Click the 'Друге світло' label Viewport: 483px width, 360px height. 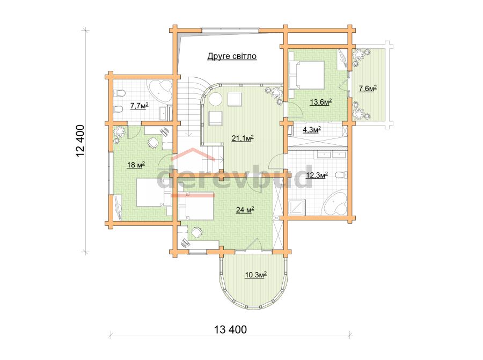point(232,56)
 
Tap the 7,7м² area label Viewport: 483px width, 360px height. point(140,106)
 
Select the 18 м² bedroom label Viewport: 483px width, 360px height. point(136,165)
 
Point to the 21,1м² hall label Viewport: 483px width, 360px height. point(243,138)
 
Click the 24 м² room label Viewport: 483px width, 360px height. point(245,210)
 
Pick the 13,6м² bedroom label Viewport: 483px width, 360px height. point(321,102)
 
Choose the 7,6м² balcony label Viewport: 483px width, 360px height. point(368,89)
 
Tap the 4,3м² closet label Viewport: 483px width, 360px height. point(312,130)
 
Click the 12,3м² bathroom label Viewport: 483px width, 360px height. point(317,175)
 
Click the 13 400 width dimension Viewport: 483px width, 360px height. point(230,329)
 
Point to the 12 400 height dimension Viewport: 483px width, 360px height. point(80,141)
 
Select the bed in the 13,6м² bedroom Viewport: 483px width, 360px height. point(306,75)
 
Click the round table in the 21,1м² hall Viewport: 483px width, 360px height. point(215,100)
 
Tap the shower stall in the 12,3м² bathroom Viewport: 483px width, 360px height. point(297,207)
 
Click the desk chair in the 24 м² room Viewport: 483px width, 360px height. point(196,232)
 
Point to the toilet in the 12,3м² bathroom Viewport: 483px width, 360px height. point(341,175)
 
